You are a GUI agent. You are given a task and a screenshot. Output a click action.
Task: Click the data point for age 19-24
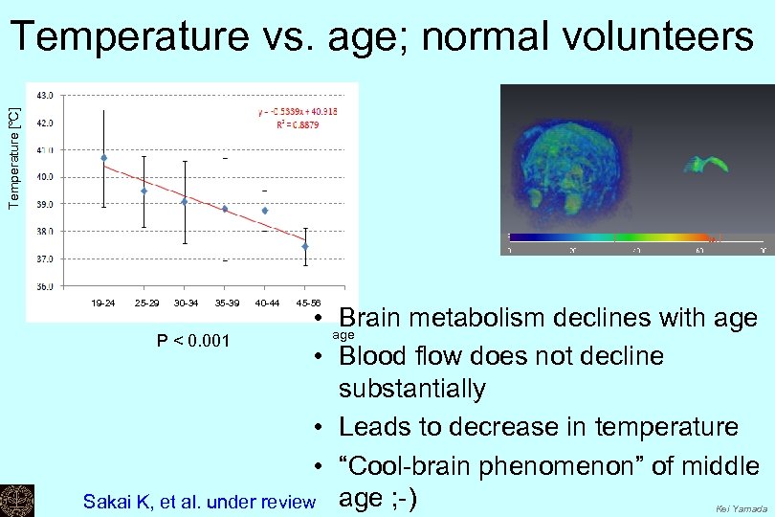click(103, 158)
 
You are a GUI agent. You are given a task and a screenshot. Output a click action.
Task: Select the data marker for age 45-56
click(305, 246)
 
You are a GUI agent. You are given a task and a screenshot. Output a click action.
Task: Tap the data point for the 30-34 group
click(185, 201)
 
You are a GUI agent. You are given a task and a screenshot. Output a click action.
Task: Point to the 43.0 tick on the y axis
click(45, 95)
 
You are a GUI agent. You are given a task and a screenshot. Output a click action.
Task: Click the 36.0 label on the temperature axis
click(45, 285)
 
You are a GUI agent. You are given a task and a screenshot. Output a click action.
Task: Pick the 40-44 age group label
click(266, 303)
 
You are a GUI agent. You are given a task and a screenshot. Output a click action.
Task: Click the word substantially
click(411, 389)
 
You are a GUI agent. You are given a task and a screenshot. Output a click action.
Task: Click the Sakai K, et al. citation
click(199, 501)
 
